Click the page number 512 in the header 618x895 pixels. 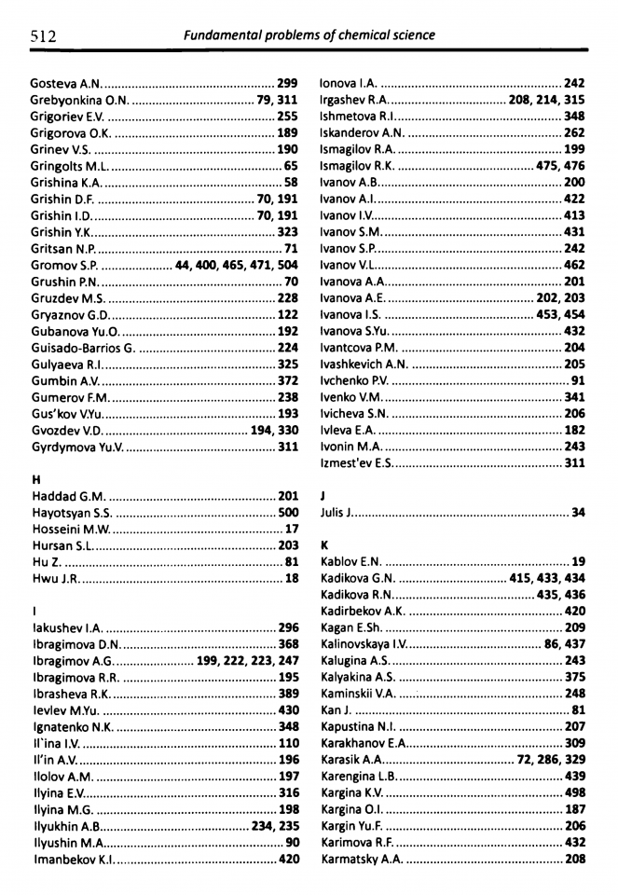[x=43, y=35]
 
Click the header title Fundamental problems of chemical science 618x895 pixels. [x=309, y=35]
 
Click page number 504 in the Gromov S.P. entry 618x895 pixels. [x=287, y=265]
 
